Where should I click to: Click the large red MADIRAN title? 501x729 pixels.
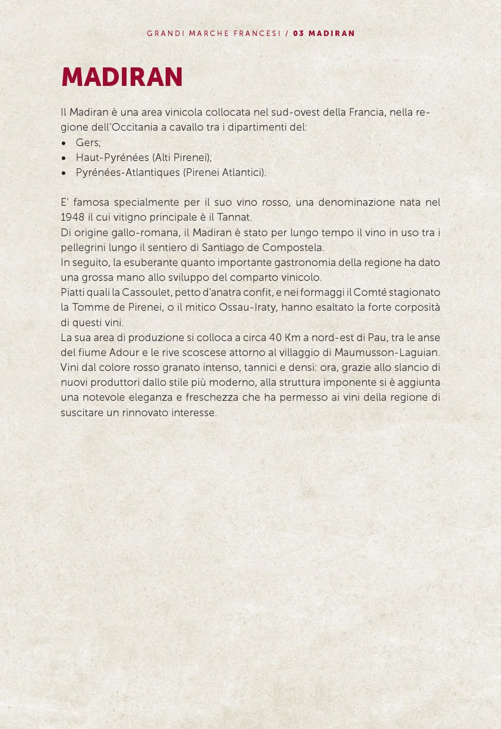pos(122,77)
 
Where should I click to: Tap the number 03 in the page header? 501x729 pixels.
pos(298,33)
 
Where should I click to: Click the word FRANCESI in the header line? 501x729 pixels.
pos(257,33)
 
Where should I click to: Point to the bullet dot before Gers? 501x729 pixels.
pos(64,143)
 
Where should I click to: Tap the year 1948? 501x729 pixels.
pos(72,217)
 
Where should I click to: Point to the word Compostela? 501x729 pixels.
pos(293,247)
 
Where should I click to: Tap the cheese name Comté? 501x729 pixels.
pos(370,293)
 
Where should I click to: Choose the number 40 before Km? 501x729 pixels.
pos(275,338)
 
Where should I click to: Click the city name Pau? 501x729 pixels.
pos(377,338)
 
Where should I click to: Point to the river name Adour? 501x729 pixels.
pos(124,353)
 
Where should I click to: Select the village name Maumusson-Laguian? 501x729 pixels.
pos(387,353)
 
